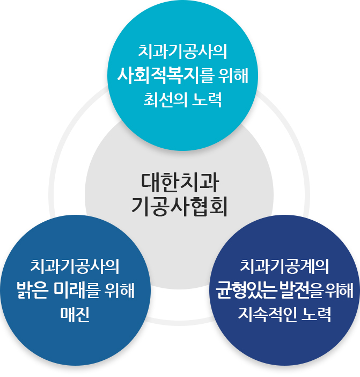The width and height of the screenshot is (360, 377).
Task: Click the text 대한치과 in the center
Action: (180, 182)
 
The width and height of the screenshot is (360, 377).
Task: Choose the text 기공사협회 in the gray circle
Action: (180, 206)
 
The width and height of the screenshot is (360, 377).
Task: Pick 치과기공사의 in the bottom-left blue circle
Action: (75, 265)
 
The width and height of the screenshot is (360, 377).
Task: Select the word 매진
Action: (75, 315)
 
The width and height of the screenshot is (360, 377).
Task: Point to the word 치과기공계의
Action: (284, 265)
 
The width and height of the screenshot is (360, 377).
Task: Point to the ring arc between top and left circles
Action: (75, 124)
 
